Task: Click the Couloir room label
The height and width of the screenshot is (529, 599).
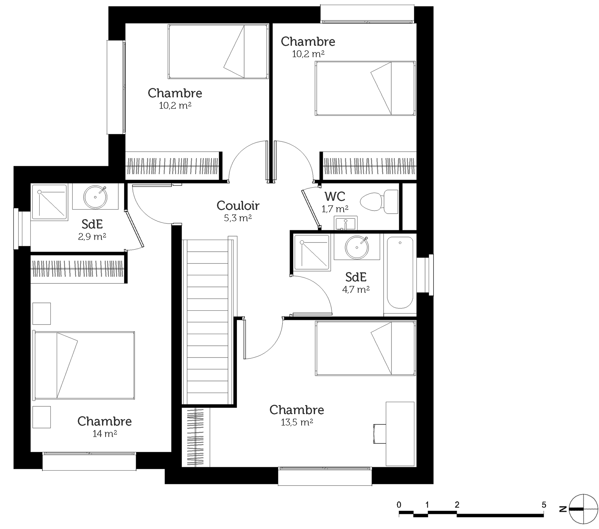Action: [238, 206]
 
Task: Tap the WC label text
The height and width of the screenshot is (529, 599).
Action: [335, 196]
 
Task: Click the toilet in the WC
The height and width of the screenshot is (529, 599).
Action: [379, 202]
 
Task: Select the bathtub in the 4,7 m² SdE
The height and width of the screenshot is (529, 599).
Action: [400, 273]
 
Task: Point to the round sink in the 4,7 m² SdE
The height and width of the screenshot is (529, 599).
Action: [357, 247]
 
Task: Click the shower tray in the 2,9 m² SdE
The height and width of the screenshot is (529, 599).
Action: [49, 202]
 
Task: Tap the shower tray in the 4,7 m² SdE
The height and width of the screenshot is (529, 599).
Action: [312, 252]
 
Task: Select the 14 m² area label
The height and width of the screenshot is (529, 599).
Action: [105, 434]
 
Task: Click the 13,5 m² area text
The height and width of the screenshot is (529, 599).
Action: [297, 422]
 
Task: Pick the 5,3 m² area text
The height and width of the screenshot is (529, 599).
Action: [238, 218]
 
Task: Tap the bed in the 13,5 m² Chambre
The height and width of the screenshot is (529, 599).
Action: [366, 348]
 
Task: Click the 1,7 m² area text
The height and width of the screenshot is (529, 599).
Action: [335, 209]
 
